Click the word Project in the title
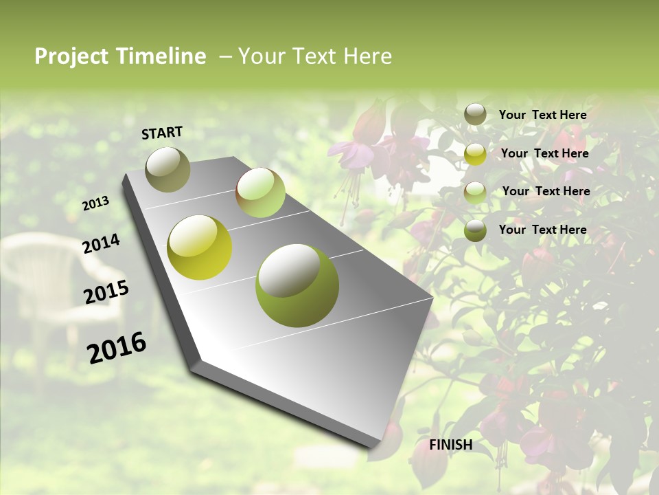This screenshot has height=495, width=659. pyautogui.click(x=70, y=56)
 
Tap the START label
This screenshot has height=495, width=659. pyautogui.click(x=162, y=133)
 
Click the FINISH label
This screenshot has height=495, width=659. pyautogui.click(x=451, y=445)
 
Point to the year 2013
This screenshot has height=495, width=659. pyautogui.click(x=96, y=203)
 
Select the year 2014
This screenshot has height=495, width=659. pyautogui.click(x=101, y=243)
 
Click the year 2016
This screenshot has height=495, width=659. pyautogui.click(x=117, y=347)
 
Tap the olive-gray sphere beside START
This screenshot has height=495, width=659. pyautogui.click(x=167, y=169)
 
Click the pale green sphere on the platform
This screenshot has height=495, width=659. pyautogui.click(x=260, y=192)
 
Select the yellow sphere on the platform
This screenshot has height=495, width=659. pyautogui.click(x=200, y=247)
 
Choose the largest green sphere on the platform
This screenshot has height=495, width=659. pyautogui.click(x=297, y=285)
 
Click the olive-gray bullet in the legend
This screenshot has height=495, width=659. pyautogui.click(x=475, y=114)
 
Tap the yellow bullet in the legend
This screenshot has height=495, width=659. pyautogui.click(x=475, y=154)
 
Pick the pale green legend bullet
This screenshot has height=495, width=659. pyautogui.click(x=475, y=192)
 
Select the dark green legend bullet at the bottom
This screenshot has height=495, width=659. pyautogui.click(x=475, y=230)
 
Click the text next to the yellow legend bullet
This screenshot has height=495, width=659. pyautogui.click(x=544, y=153)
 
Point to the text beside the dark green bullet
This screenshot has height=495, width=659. pyautogui.click(x=543, y=230)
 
